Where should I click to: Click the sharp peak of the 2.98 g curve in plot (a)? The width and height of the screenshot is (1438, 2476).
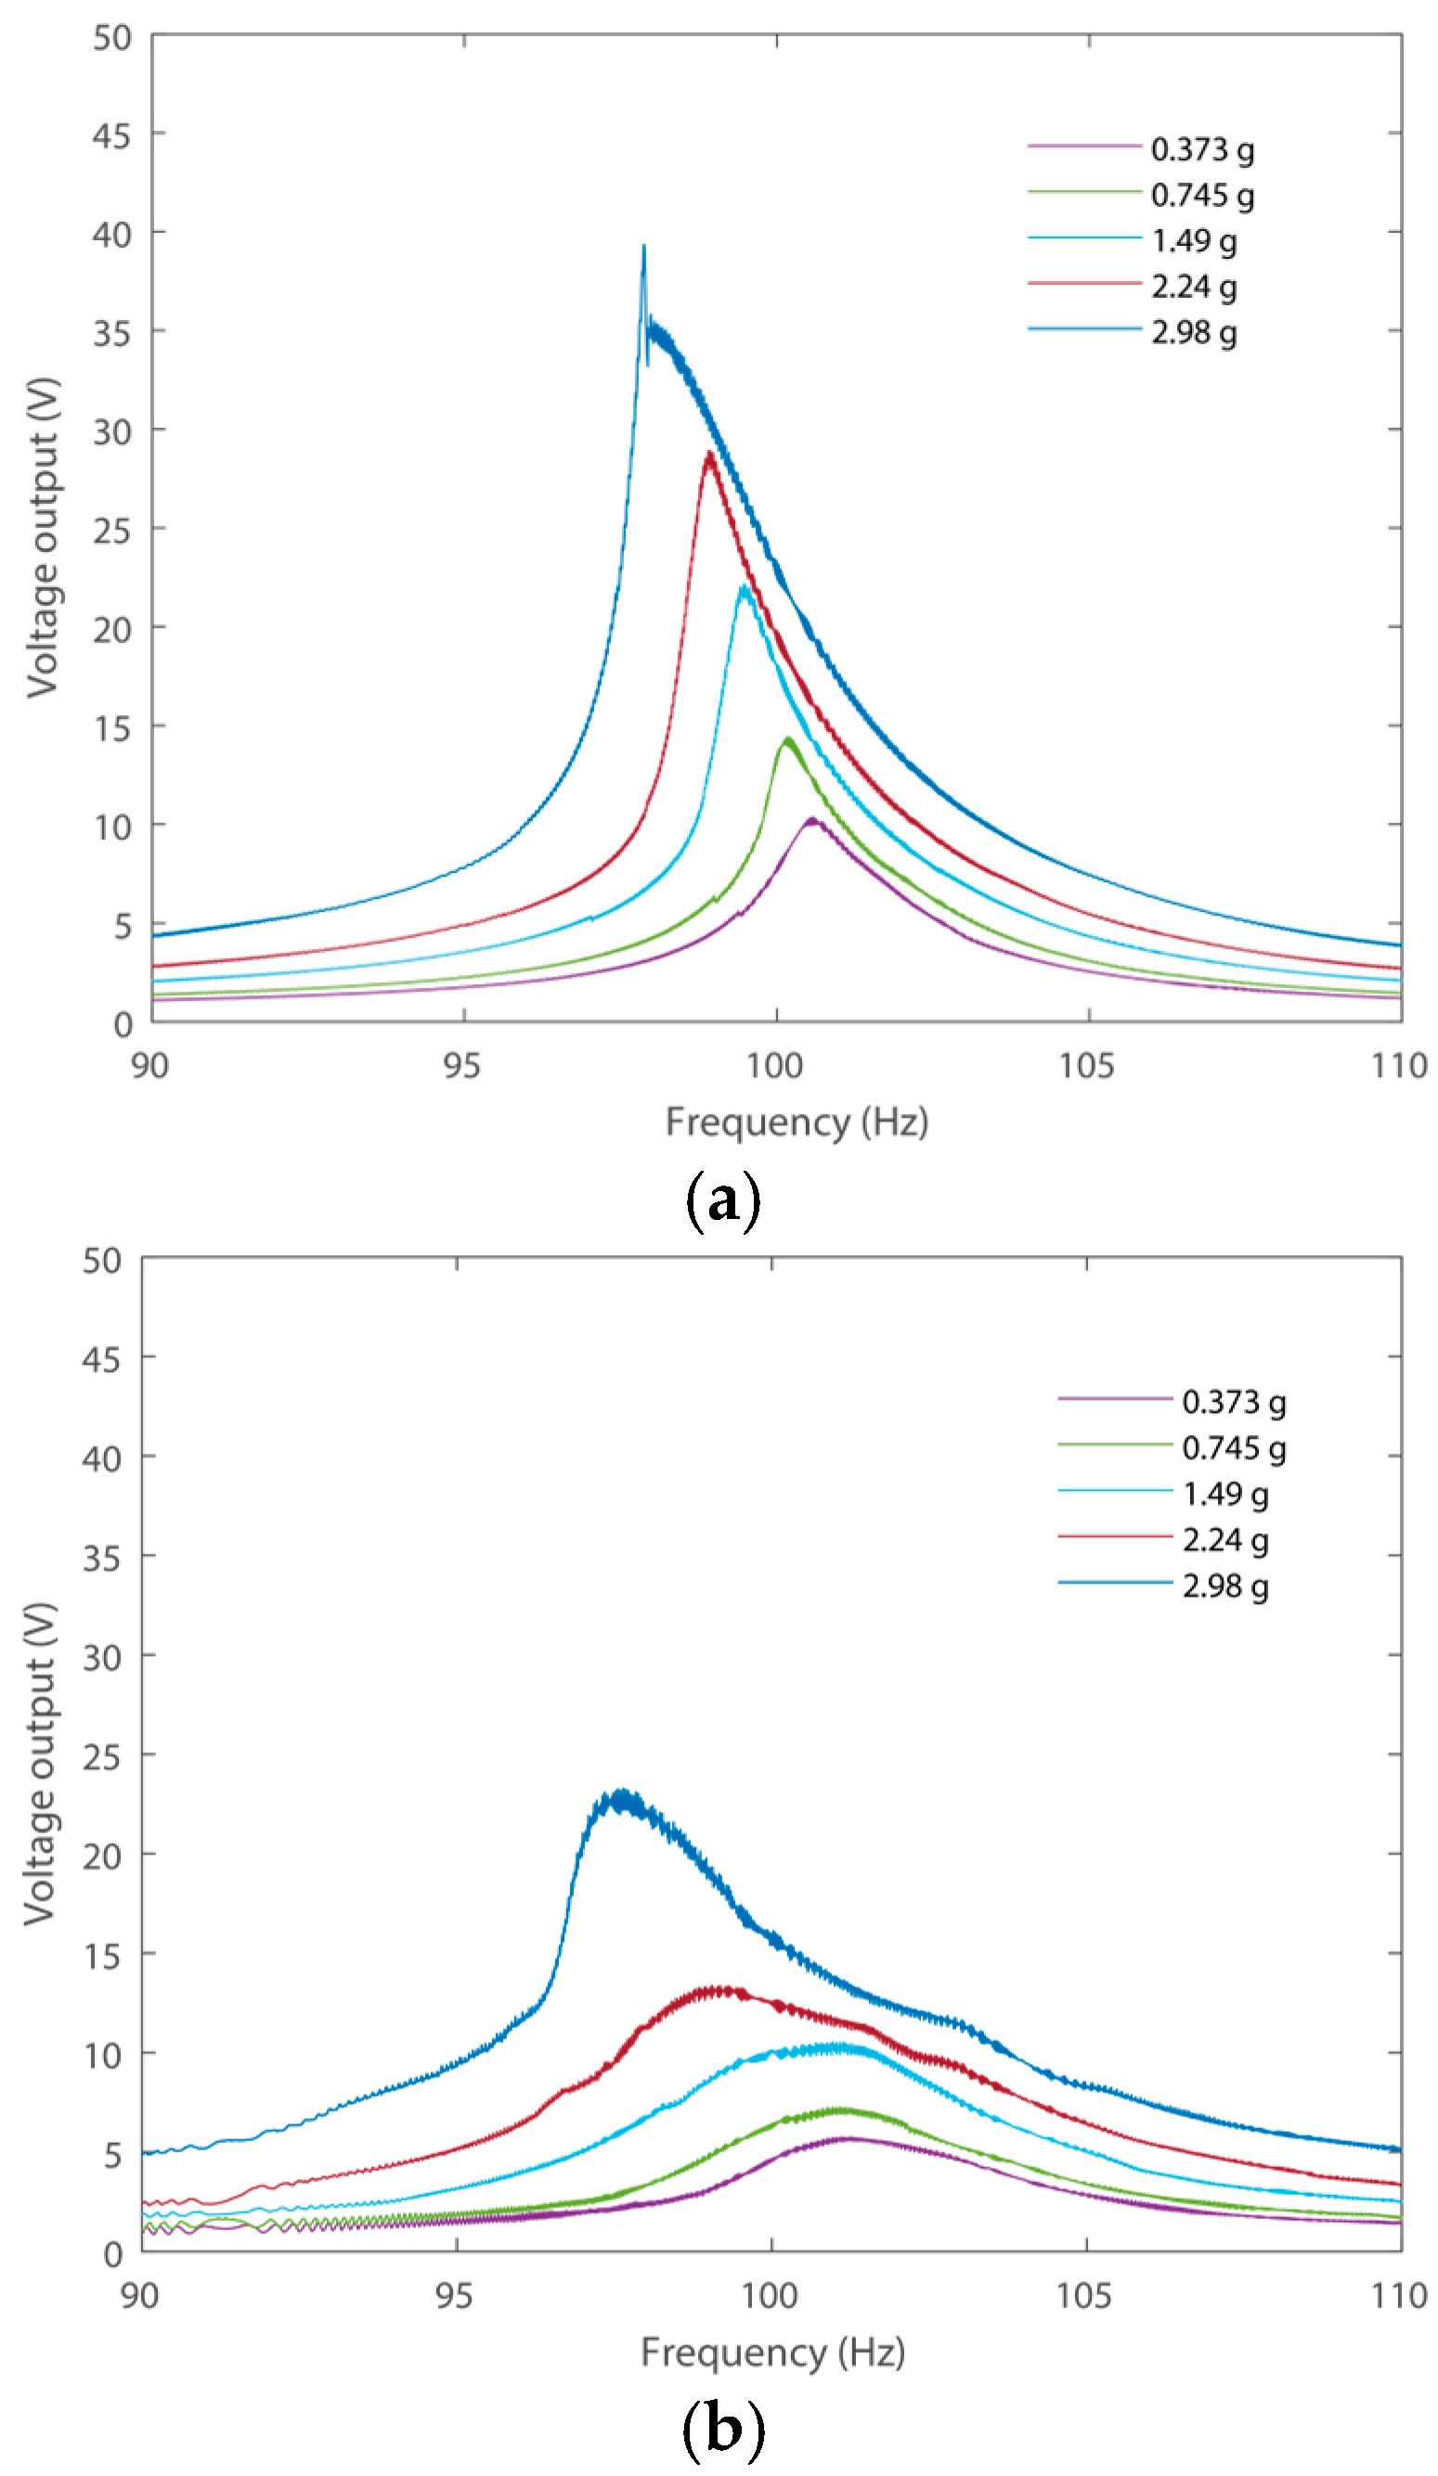tap(644, 247)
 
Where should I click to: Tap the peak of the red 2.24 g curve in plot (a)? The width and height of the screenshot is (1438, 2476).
tap(708, 454)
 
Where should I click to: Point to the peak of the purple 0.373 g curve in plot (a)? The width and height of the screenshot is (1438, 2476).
tap(812, 818)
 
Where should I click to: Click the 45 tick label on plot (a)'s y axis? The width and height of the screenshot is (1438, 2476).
tap(111, 135)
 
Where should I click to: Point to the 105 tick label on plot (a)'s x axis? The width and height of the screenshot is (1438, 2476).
tap(1086, 1065)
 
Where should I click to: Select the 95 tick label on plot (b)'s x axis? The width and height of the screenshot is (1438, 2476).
tap(454, 2296)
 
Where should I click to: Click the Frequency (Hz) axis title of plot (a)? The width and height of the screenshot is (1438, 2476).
tap(797, 1121)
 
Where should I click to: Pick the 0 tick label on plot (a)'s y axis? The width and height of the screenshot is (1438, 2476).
tap(122, 1025)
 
